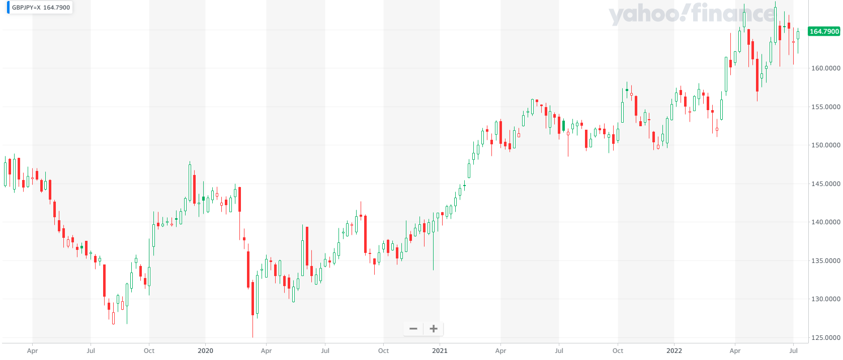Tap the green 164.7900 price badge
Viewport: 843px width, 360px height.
[824, 31]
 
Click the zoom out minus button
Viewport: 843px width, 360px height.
[413, 329]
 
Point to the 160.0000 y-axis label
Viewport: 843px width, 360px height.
[825, 68]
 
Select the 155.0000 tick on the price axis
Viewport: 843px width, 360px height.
[825, 107]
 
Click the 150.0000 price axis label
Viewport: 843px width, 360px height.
[825, 145]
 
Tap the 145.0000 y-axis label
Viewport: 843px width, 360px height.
[825, 184]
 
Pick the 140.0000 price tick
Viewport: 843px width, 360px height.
[825, 222]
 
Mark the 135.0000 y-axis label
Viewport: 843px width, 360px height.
[825, 260]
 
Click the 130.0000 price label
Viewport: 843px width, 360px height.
[825, 299]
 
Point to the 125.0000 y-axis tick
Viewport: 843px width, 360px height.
[825, 337]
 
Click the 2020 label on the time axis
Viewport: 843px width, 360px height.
[205, 350]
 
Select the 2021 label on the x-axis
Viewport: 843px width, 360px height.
[440, 350]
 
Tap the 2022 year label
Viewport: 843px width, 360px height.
[674, 350]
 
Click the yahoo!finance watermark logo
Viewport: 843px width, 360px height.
[692, 14]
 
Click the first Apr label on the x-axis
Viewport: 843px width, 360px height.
[32, 350]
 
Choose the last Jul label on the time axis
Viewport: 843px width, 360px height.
[793, 350]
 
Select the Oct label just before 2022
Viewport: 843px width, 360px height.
[618, 350]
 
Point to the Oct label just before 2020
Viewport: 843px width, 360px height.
[149, 350]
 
